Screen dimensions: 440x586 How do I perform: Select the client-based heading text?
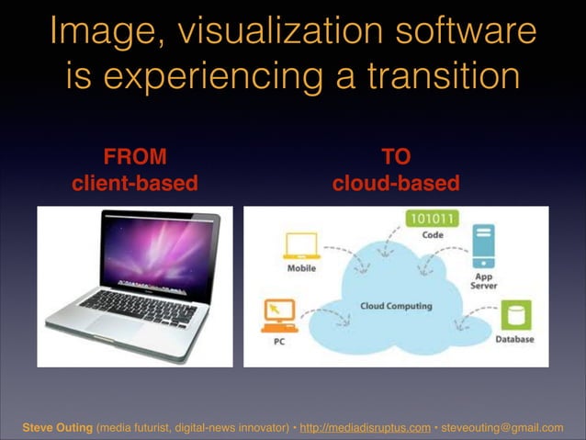(x=135, y=183)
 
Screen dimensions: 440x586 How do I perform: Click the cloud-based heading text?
(x=395, y=183)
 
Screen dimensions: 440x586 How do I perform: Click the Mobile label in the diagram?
(x=303, y=268)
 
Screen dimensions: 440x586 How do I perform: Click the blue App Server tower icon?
(x=483, y=245)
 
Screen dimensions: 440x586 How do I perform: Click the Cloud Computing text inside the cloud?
(x=397, y=306)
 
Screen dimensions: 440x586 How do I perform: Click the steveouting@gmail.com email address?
(x=502, y=427)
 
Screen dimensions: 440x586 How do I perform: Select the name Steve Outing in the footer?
(x=57, y=427)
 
